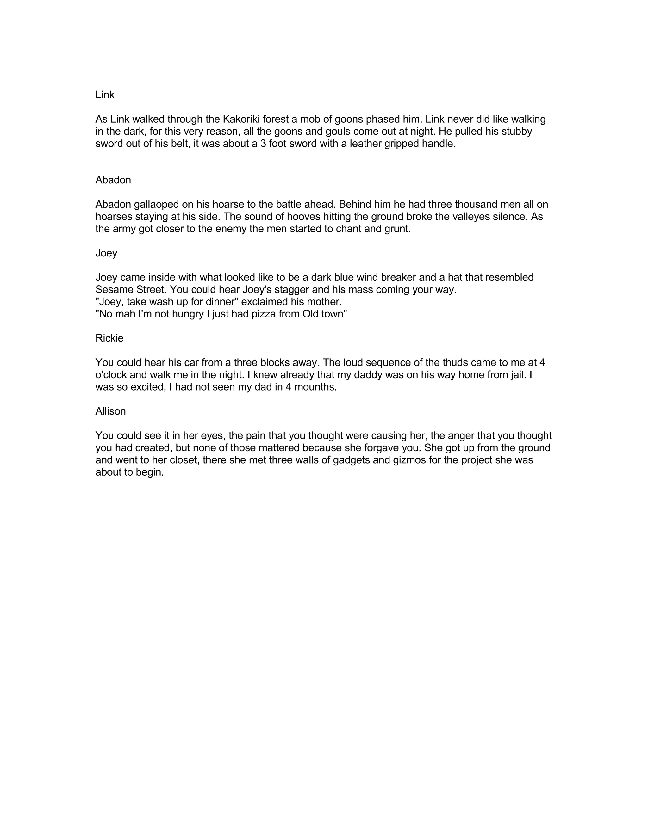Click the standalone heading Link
click(x=105, y=95)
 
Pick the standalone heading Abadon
click(x=113, y=180)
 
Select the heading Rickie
click(x=109, y=338)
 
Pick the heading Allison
click(x=110, y=411)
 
